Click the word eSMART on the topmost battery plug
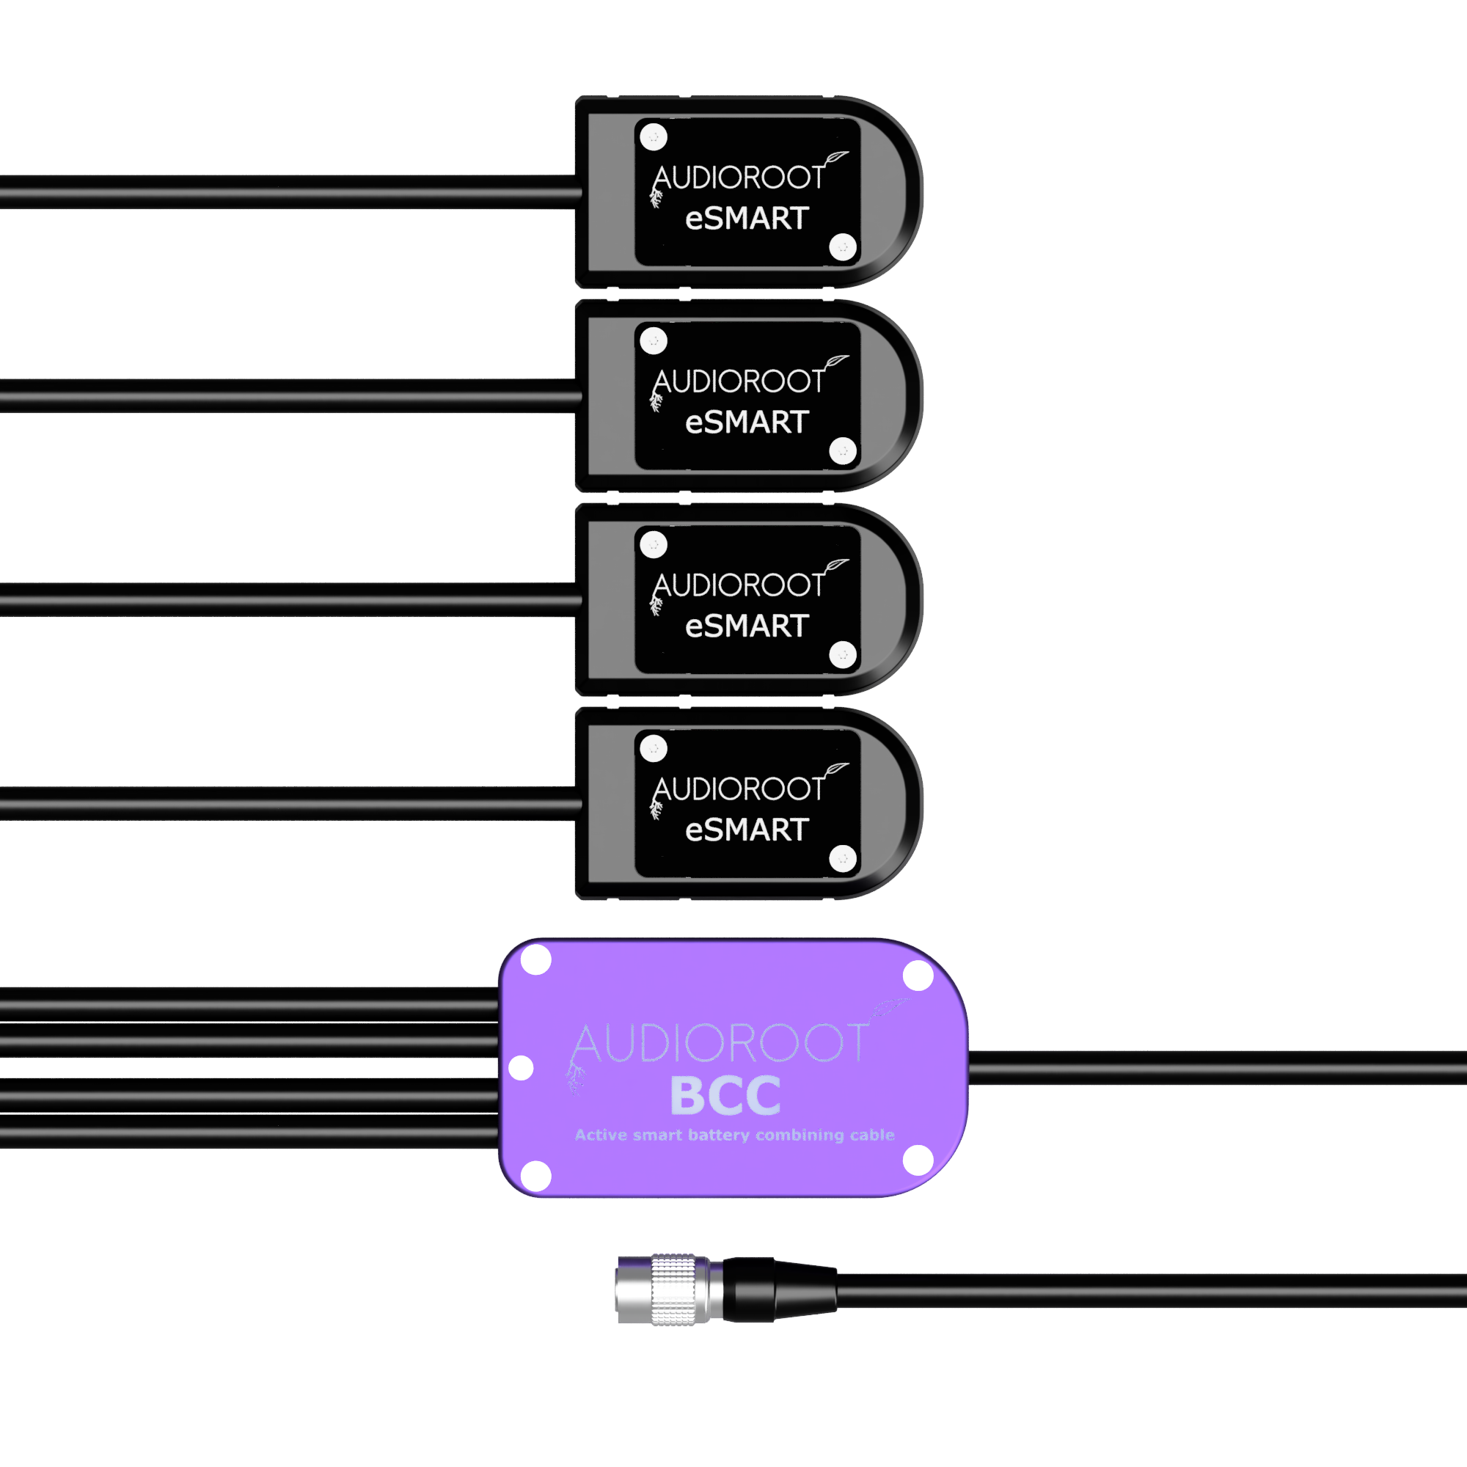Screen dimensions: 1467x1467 coord(747,219)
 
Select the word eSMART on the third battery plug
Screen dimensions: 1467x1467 coord(747,626)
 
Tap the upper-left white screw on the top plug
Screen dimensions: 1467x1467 coord(654,137)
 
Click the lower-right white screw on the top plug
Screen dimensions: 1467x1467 coord(843,246)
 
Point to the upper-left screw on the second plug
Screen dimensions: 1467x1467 coord(654,341)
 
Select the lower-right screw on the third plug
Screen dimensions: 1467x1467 coord(843,654)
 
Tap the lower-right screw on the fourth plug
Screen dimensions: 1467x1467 coord(843,859)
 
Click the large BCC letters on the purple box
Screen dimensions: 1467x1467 coord(725,1096)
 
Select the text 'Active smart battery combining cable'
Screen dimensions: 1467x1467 coord(734,1135)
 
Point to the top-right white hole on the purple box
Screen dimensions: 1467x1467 coord(918,976)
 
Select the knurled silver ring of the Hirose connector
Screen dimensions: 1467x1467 coord(673,1289)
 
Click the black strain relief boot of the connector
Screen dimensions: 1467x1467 coord(779,1289)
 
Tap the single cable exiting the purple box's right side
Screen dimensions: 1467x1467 coord(1218,1067)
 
